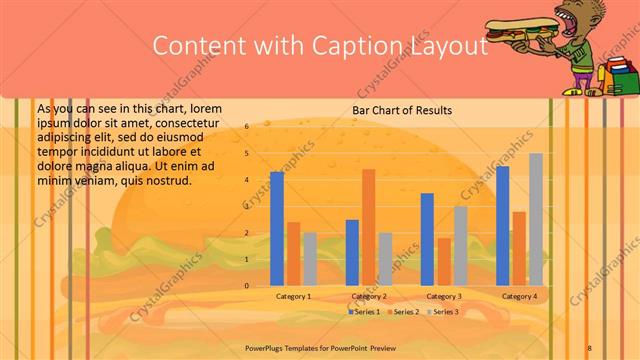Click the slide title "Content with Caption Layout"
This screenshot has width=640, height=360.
(x=319, y=46)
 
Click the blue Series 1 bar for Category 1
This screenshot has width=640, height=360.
(x=277, y=228)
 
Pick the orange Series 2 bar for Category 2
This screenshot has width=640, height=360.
(x=369, y=227)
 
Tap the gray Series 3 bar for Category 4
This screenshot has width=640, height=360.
(x=536, y=219)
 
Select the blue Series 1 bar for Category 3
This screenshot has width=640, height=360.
(x=428, y=239)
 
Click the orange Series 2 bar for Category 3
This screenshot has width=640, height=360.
(x=444, y=261)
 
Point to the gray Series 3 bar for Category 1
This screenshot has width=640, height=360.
(x=310, y=259)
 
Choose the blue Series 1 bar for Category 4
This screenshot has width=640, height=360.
(x=503, y=226)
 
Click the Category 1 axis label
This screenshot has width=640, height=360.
(x=293, y=297)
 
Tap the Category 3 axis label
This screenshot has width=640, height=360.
(x=443, y=297)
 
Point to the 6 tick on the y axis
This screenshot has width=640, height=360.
(x=246, y=128)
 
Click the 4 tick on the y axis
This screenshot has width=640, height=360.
(x=246, y=180)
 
